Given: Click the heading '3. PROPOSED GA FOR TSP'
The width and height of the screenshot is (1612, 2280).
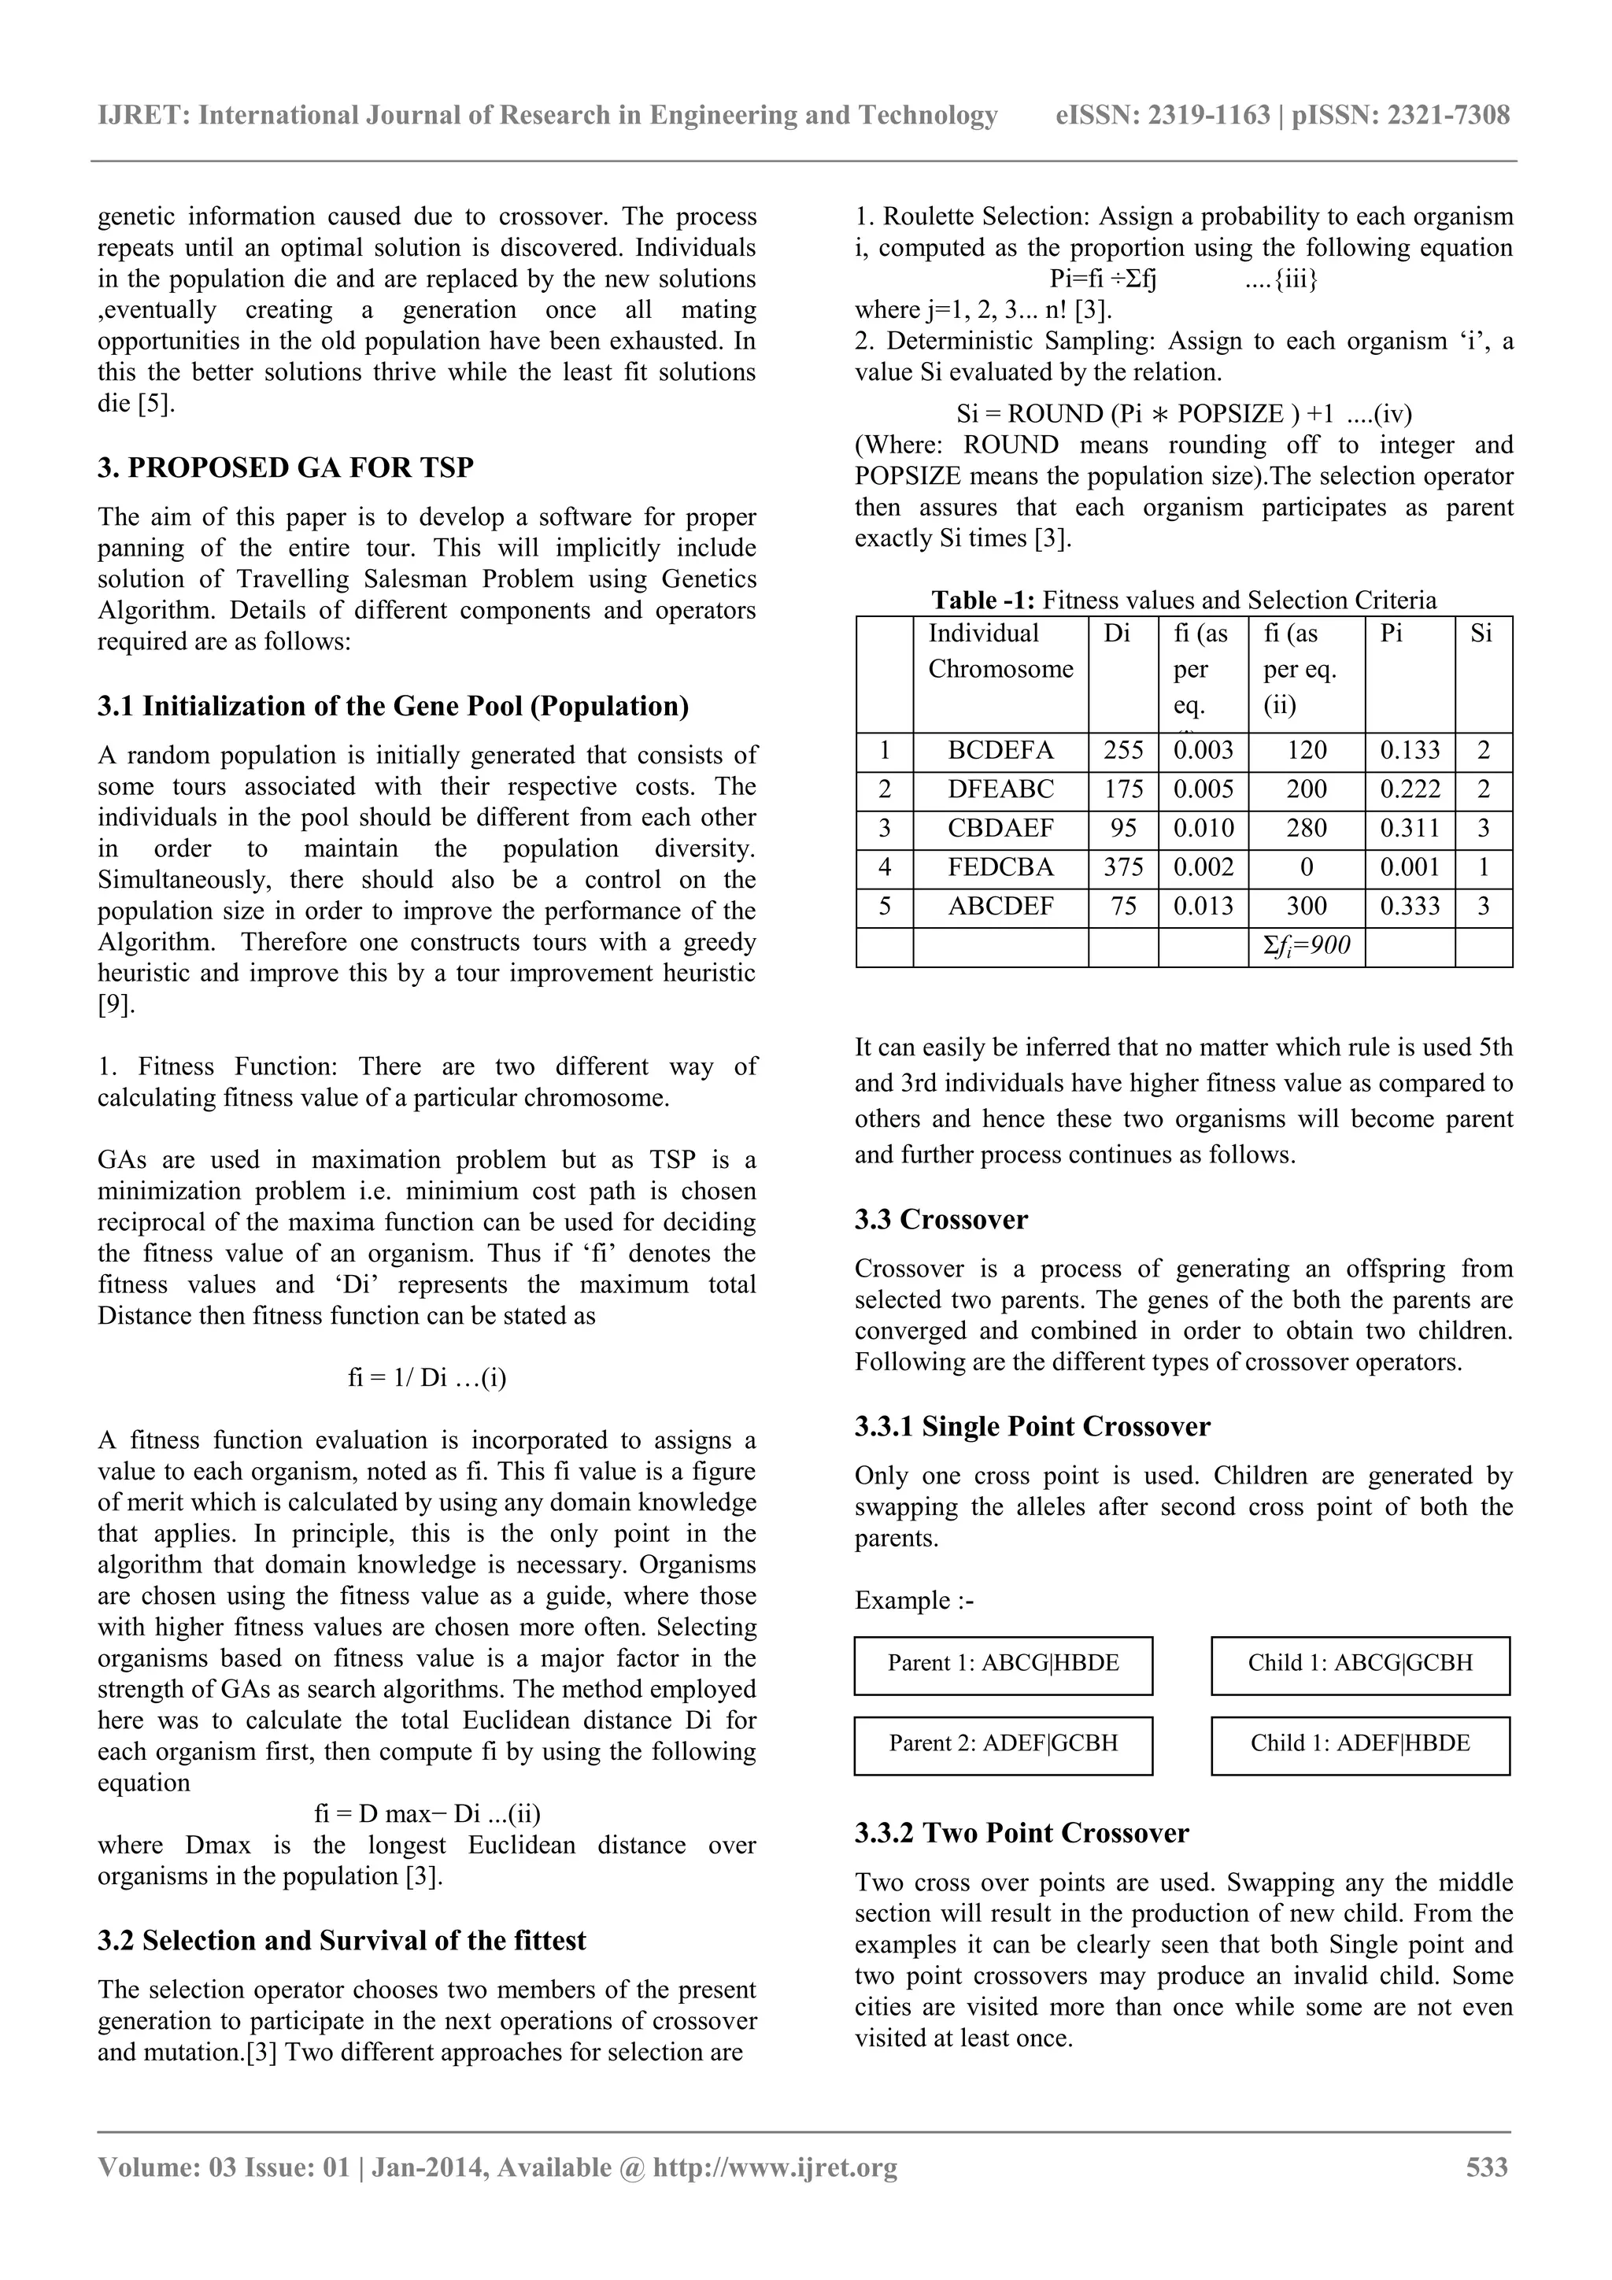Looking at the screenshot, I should point(285,467).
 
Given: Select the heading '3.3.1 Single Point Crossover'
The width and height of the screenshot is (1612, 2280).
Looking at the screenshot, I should point(1032,1426).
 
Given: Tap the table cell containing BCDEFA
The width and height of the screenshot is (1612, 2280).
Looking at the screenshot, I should point(1000,751).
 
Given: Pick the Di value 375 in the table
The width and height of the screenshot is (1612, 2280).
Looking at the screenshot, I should point(1122,868).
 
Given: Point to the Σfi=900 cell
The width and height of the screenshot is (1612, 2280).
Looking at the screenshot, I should point(1306,946).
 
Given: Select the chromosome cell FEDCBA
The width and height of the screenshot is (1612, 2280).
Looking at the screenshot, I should point(1000,868).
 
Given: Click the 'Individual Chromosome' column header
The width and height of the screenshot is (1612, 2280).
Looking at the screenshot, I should point(1000,652).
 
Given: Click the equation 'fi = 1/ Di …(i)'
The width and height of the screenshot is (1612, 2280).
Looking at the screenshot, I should point(427,1378).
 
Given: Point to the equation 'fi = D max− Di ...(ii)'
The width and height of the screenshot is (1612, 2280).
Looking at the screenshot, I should point(427,1814).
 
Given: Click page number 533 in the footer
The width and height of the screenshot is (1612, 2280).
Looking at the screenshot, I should point(1487,2167).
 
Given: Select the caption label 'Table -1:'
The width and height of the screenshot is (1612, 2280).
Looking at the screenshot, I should point(983,600).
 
